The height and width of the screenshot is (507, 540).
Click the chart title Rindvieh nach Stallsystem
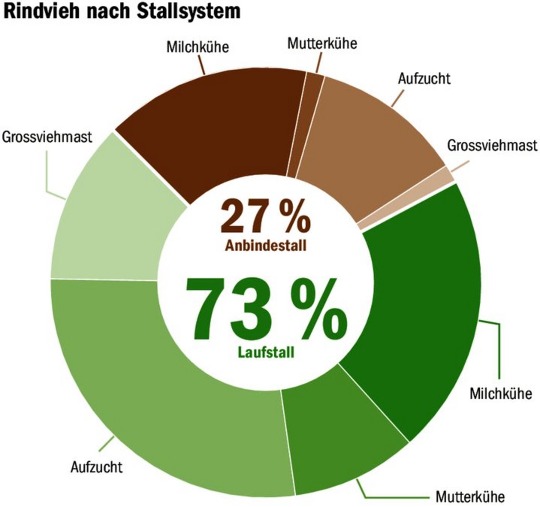tap(121, 12)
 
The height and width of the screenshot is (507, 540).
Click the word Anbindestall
tap(266, 246)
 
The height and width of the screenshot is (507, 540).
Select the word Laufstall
tap(266, 352)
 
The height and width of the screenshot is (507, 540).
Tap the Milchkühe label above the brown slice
tap(197, 47)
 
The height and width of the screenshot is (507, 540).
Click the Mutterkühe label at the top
tap(322, 43)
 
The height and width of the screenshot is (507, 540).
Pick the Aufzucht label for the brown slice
tap(424, 79)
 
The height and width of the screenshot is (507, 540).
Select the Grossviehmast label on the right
tap(492, 145)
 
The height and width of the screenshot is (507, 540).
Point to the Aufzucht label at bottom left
tap(96, 467)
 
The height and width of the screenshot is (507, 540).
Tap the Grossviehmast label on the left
tap(47, 137)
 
